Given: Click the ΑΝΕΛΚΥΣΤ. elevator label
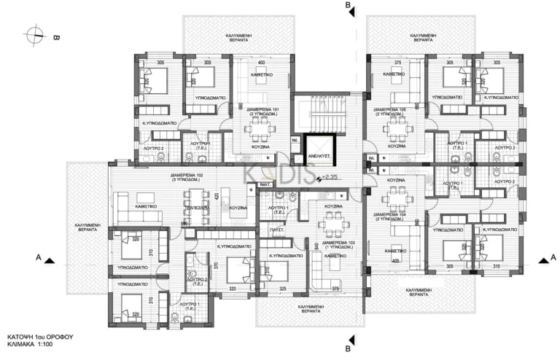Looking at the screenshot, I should click(319, 155).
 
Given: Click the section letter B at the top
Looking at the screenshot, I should click(349, 6).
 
